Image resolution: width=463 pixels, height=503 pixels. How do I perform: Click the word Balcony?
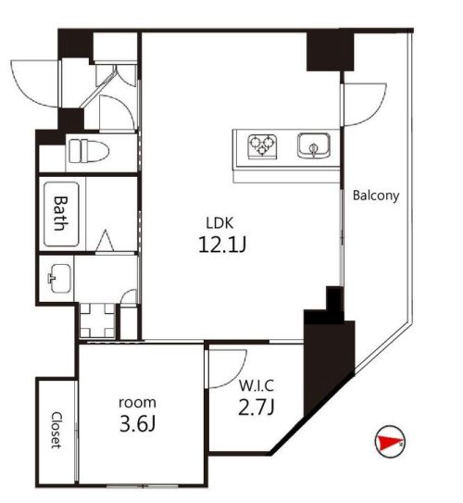[375, 195]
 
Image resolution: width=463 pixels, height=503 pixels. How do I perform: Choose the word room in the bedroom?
[136, 403]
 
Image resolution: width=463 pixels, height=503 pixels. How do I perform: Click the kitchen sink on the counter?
[312, 145]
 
